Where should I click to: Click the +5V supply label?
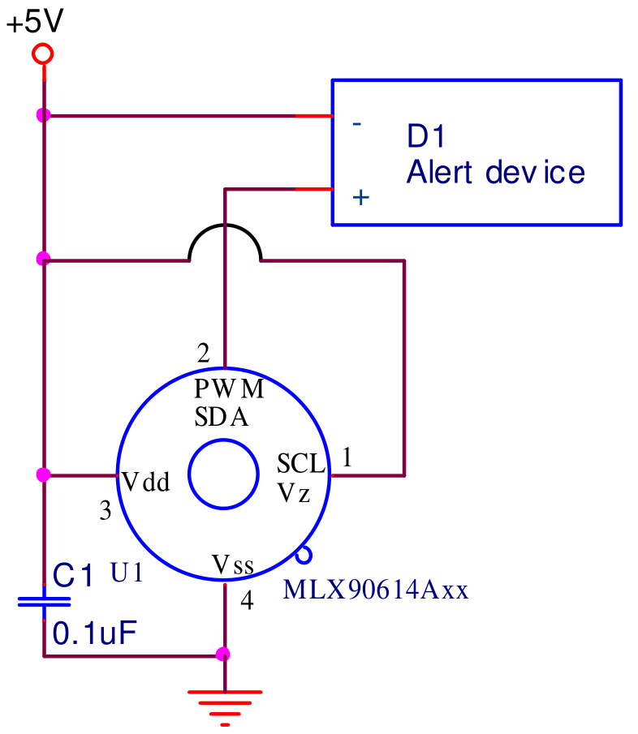35,22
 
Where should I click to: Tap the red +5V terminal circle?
43,54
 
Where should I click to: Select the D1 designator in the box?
425,136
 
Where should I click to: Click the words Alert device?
496,172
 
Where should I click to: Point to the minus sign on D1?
357,124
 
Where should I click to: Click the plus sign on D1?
360,197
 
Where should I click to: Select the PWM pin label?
229,388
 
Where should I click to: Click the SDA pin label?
221,417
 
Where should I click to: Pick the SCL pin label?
300,463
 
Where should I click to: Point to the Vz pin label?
294,492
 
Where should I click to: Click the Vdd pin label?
145,481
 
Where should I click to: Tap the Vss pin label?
233,564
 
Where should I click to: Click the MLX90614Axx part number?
376,590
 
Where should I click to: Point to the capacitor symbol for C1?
44,602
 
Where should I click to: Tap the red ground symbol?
225,708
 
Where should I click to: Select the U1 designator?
127,573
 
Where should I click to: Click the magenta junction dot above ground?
222,654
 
